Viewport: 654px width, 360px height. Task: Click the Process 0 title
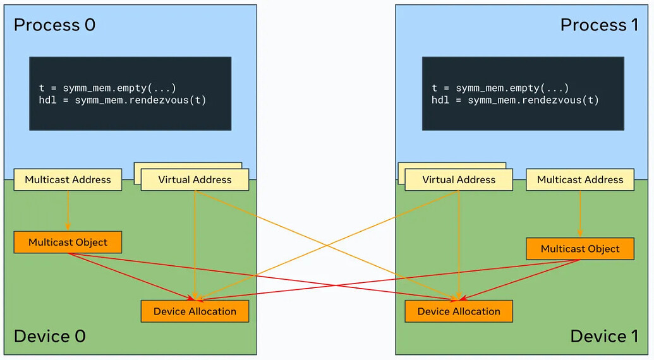coord(54,25)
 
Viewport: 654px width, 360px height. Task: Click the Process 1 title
coord(599,25)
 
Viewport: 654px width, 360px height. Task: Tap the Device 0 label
coord(49,336)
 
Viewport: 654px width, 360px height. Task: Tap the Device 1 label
coord(604,336)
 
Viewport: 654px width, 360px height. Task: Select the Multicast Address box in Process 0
coord(68,180)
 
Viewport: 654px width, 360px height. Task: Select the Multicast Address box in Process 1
coord(580,180)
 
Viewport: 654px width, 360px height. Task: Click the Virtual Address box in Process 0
coord(195,180)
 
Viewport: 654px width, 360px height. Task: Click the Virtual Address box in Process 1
coord(459,180)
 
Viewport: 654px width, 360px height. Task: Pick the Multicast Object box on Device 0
coord(68,243)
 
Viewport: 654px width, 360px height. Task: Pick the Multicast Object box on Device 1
coord(580,249)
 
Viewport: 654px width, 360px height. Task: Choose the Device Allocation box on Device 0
coord(195,311)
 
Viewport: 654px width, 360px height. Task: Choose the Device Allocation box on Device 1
coord(459,311)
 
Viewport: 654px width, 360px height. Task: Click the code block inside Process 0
coord(130,93)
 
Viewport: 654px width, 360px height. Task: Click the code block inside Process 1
coord(523,93)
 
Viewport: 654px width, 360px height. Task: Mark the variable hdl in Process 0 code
coord(47,100)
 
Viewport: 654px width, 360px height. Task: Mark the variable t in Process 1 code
coord(435,88)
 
